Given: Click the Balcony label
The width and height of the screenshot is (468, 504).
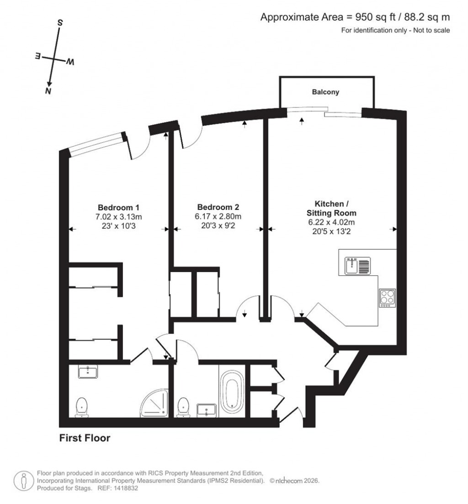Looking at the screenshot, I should pyautogui.click(x=325, y=92).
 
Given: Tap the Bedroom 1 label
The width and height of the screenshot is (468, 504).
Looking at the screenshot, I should pyautogui.click(x=117, y=206).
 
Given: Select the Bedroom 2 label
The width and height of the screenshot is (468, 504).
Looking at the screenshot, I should pyautogui.click(x=218, y=206).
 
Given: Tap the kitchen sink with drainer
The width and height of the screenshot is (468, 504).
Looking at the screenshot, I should pyautogui.click(x=358, y=266).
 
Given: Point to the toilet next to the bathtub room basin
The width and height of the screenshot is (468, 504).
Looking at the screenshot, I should pyautogui.click(x=184, y=406).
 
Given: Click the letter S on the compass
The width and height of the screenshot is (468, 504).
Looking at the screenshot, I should pyautogui.click(x=60, y=22).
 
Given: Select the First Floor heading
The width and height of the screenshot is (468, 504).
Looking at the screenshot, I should pyautogui.click(x=85, y=438).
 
